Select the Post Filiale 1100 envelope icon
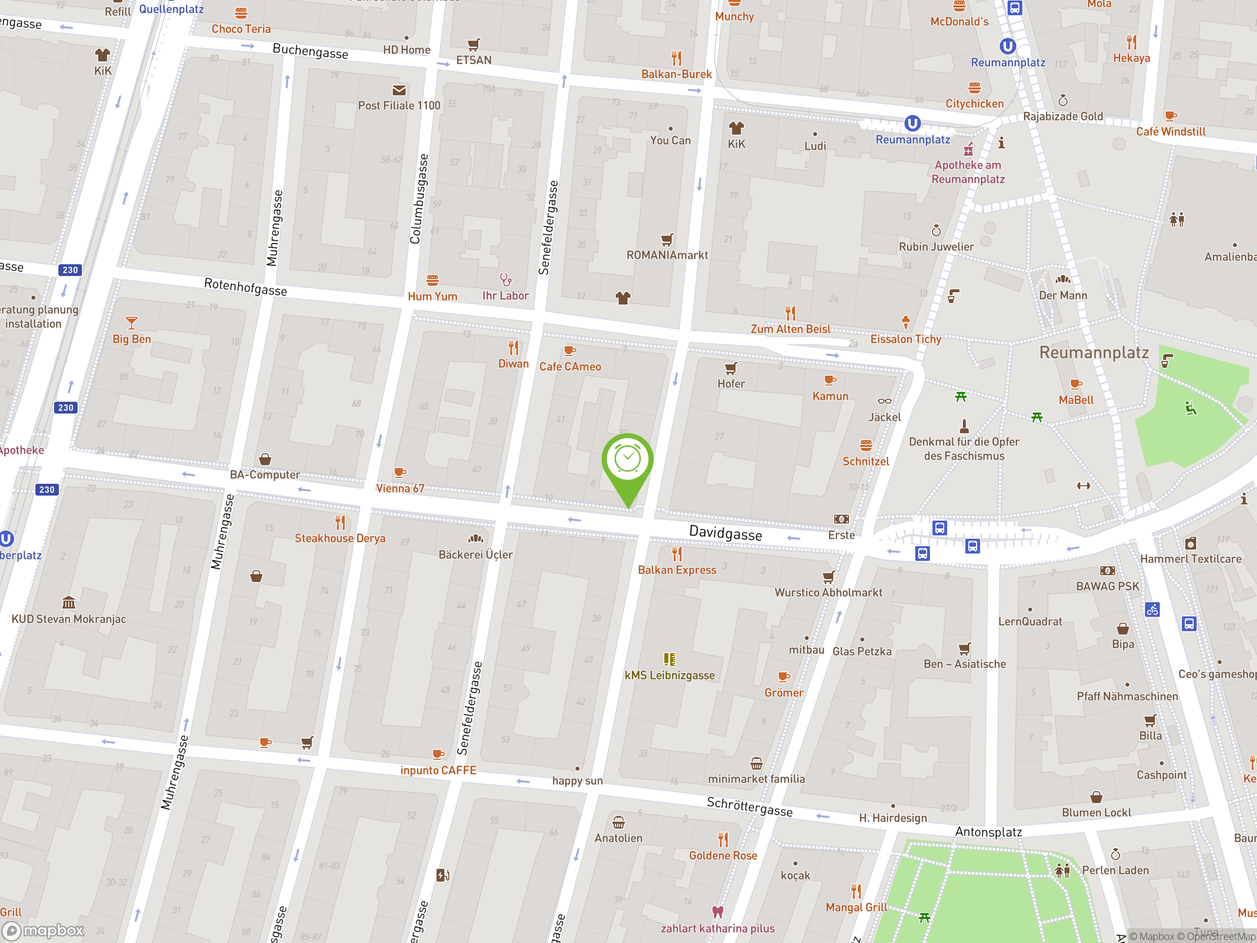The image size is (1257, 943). click(x=399, y=90)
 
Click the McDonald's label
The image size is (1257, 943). click(x=959, y=22)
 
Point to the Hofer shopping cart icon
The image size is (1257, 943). click(x=731, y=368)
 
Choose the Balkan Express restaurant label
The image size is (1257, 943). click(x=677, y=570)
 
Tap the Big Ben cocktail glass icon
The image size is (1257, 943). click(x=131, y=323)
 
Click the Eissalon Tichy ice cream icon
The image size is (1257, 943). click(x=905, y=322)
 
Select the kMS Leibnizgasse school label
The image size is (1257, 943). click(x=669, y=675)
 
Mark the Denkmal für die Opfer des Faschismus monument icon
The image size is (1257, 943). click(x=964, y=426)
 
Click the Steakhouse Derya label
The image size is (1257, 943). click(x=340, y=538)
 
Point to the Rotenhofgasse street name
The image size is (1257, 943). click(x=246, y=286)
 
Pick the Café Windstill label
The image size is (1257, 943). click(x=1171, y=131)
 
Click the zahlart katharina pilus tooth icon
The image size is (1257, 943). click(x=718, y=912)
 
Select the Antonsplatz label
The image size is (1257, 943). click(x=988, y=832)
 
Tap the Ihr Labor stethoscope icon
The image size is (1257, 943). click(x=505, y=279)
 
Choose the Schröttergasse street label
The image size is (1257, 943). click(x=750, y=806)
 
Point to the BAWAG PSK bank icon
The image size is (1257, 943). click(x=1107, y=571)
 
